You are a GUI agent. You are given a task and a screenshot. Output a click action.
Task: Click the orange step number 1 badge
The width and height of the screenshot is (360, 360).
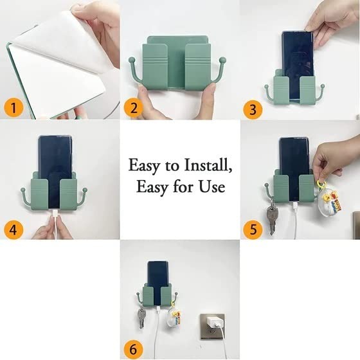tap(12, 107)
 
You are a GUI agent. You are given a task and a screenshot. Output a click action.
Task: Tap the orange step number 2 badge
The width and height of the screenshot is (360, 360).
tap(134, 107)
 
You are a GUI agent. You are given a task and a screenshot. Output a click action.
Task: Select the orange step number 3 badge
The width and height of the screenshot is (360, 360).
tap(253, 109)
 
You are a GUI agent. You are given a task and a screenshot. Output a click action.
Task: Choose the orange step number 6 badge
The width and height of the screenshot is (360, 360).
tap(134, 349)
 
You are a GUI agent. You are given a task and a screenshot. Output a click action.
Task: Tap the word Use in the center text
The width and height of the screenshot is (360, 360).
tap(210, 187)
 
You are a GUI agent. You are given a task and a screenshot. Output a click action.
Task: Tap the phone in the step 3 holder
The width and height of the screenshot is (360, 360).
tap(296, 55)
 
